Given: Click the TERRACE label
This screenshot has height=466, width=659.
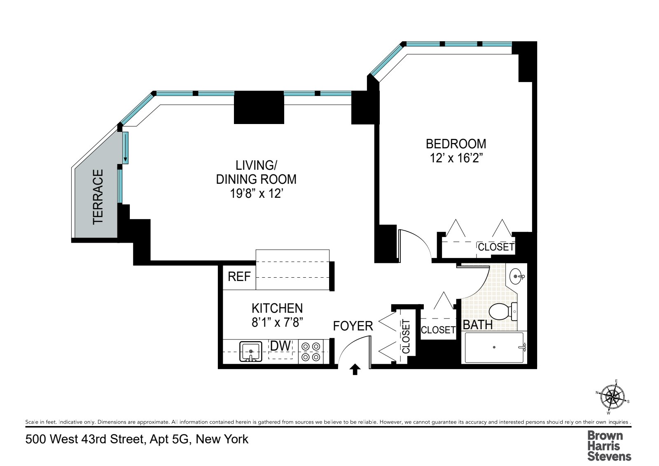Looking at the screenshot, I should click(98, 197).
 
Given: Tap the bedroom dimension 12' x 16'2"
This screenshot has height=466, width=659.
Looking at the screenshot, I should click(456, 158).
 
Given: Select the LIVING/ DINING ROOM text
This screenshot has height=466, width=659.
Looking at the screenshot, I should click(256, 172).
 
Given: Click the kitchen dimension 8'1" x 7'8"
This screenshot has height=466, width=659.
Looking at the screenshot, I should click(277, 322).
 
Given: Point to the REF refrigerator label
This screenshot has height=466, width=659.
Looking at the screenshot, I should click(239, 276).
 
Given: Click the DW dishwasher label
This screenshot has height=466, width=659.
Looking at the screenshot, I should click(280, 346).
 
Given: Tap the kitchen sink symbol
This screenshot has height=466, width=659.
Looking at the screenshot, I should click(250, 351).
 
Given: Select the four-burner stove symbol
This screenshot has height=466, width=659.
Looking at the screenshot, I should click(311, 351).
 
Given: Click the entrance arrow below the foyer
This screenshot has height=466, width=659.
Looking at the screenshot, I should click(355, 370).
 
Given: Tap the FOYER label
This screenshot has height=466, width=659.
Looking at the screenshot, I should click(353, 326).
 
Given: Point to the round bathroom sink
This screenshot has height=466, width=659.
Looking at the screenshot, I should click(516, 276).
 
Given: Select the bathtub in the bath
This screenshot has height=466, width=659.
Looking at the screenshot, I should click(494, 347).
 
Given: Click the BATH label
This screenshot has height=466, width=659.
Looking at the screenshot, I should click(477, 325).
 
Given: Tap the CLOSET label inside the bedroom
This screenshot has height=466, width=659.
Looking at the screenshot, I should click(496, 247).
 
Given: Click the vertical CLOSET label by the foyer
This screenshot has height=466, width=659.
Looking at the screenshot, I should click(406, 337).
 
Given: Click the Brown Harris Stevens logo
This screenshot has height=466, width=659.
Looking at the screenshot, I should click(609, 445).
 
